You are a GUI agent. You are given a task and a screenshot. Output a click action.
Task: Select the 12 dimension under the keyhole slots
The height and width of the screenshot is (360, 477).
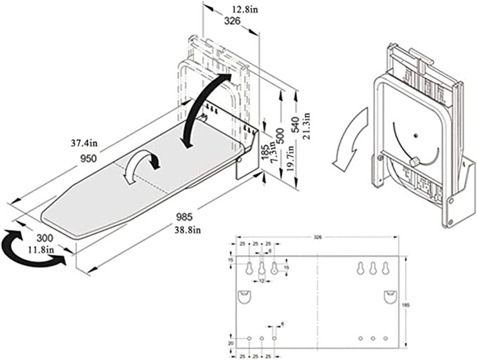pos(261,281)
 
